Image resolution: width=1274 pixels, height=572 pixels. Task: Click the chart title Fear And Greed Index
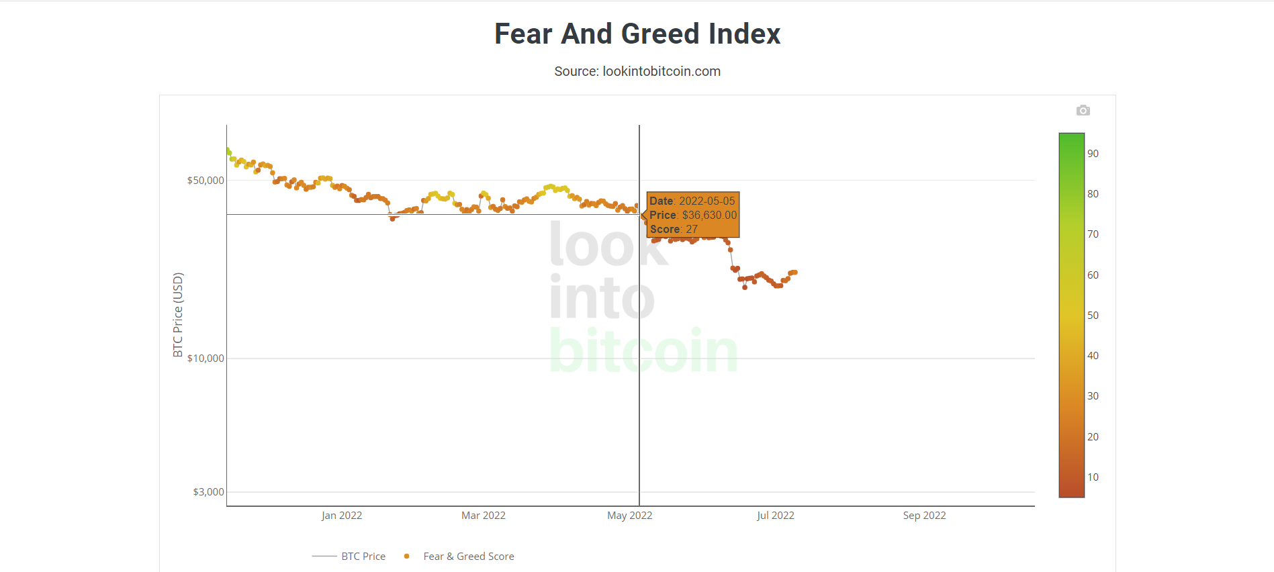637,34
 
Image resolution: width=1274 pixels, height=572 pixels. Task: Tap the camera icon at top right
1083,110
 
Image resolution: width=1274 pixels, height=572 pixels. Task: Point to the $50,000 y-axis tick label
206,180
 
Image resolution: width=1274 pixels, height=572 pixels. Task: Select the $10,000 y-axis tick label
206,358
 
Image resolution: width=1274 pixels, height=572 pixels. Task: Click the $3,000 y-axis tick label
208,491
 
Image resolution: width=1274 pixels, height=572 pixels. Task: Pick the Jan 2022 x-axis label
341,516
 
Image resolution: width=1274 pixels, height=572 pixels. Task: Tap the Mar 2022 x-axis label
483,516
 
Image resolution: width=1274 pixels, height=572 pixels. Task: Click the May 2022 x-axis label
629,516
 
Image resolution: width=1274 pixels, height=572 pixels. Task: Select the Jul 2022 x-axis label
775,516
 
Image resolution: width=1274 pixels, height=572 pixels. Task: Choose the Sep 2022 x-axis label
924,516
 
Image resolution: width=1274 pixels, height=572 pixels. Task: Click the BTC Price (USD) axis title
178,314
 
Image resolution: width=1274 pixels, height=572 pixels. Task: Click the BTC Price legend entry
363,556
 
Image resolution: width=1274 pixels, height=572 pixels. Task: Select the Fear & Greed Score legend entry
468,556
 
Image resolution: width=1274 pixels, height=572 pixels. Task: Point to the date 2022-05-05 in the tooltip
707,201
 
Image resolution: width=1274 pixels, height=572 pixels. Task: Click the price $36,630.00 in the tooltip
709,215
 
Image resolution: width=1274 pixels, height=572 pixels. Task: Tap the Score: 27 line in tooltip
674,229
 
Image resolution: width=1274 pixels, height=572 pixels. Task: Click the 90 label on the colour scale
1093,153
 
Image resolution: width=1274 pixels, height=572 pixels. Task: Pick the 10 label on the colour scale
1093,477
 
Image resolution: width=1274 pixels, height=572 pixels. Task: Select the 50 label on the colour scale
1093,315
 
